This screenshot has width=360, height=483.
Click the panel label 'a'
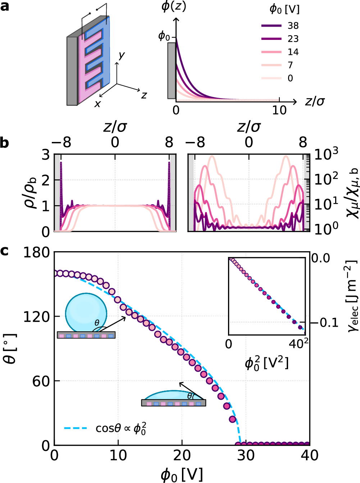click(5, 6)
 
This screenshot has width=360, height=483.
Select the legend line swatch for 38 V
click(271, 26)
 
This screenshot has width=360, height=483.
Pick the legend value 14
click(293, 52)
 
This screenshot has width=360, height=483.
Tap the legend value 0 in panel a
click(290, 78)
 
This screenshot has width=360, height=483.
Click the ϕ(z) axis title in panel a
click(174, 6)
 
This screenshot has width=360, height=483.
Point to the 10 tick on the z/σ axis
click(279, 110)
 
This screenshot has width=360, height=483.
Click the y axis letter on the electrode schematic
click(122, 56)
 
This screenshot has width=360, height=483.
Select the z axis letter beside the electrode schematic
click(144, 95)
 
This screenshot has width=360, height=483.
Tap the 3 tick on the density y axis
click(46, 155)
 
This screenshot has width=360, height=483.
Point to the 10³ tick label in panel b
click(326, 154)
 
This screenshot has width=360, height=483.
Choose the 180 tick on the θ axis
click(36, 252)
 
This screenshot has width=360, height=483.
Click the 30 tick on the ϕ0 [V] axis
click(246, 455)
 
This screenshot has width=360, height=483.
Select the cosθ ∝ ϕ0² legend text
click(121, 428)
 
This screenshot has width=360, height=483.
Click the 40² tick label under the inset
click(299, 344)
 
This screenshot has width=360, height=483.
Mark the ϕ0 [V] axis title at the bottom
click(182, 474)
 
